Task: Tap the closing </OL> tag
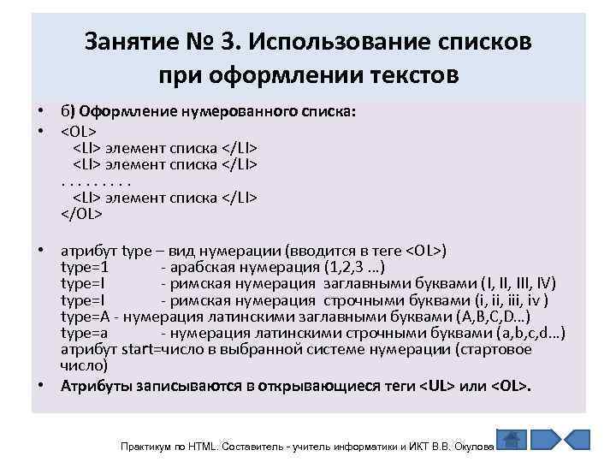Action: point(81,214)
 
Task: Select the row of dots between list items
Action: point(97,181)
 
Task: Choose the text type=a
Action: point(85,332)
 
